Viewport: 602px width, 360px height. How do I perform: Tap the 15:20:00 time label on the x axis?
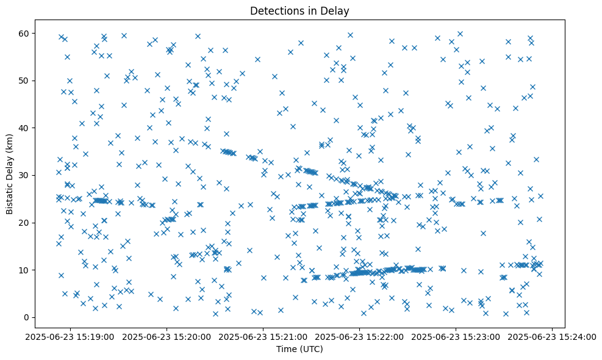pyautogui.click(x=167, y=337)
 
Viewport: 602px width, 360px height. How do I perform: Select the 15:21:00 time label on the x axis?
pyautogui.click(x=263, y=337)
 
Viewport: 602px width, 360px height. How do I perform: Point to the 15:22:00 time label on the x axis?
pyautogui.click(x=360, y=337)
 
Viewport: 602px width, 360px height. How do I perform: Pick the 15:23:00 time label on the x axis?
pyautogui.click(x=456, y=337)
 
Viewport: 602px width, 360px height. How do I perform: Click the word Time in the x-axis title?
pyautogui.click(x=285, y=349)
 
